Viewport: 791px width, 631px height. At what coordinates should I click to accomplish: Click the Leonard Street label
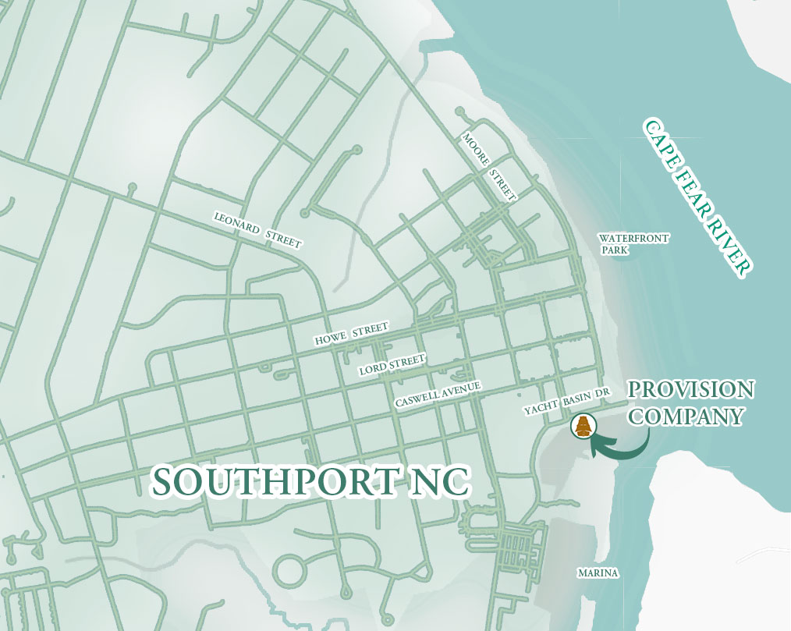257,229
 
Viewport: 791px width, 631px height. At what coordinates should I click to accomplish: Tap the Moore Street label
489,166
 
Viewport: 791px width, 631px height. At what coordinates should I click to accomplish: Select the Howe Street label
351,335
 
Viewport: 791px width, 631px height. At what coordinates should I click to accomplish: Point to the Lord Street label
392,364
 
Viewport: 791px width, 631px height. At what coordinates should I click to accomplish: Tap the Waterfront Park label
633,244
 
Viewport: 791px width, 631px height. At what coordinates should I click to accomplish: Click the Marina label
598,573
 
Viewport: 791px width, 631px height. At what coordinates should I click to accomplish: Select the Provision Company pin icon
582,426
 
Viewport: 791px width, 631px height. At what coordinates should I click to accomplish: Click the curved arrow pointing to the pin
624,448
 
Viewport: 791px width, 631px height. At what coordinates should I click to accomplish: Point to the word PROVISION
691,390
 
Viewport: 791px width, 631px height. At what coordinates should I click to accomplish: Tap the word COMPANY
686,416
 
